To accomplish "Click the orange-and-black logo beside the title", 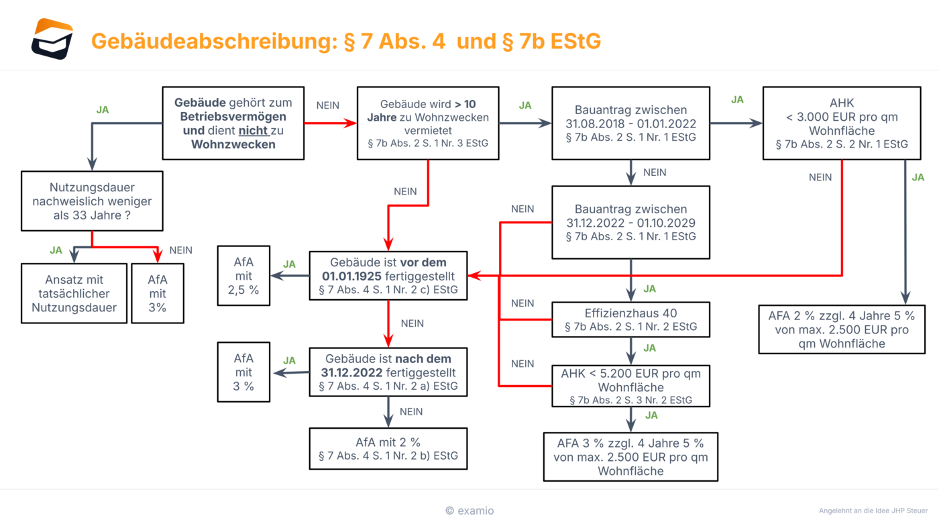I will [x=52, y=39].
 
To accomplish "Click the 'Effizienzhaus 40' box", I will [x=630, y=319].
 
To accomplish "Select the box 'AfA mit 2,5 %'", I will [x=243, y=276].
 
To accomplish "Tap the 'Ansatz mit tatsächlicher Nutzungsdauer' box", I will [x=74, y=293].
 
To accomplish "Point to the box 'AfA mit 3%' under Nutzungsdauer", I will [x=157, y=293].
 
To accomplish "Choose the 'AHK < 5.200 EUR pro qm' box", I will [x=630, y=386].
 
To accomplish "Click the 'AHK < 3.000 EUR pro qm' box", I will [x=841, y=123].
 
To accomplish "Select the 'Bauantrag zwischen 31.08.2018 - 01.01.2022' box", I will [x=630, y=123].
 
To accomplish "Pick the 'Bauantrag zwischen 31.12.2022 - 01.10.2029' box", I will [x=630, y=223].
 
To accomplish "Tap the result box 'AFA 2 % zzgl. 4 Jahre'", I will [x=841, y=329].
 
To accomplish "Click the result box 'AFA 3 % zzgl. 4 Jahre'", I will [x=630, y=457].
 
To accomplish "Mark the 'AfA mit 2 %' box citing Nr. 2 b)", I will [x=388, y=449].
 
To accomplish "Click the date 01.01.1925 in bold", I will [x=351, y=276].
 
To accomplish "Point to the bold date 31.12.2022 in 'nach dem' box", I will [x=351, y=372].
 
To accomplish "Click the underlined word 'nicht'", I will [x=253, y=131].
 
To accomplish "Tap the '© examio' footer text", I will [x=469, y=511].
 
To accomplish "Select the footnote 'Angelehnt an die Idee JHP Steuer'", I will [x=873, y=511].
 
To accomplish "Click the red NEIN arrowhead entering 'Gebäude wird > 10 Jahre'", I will [x=351, y=123].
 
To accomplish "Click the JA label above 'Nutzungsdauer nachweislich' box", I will [x=103, y=109].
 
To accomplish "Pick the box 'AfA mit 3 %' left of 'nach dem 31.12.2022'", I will [x=243, y=372].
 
